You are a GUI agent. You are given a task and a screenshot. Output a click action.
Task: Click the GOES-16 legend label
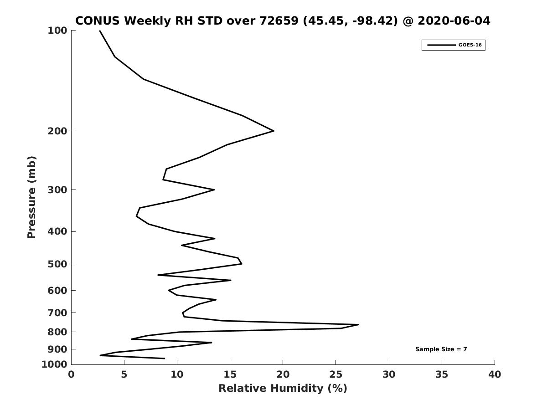[470, 45]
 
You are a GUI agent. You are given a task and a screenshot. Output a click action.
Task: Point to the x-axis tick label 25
[336, 374]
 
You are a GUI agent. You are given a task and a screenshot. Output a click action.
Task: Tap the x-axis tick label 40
[495, 374]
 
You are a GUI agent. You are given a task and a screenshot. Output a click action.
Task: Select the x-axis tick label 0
[71, 374]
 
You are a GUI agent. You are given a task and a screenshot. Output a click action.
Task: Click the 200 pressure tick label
[57, 131]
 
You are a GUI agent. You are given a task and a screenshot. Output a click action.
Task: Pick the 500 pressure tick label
[57, 264]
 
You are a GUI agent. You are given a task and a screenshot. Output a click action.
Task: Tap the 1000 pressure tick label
[54, 364]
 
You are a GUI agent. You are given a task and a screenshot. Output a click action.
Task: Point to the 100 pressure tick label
[57, 31]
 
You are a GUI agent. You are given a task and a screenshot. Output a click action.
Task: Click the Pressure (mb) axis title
[31, 197]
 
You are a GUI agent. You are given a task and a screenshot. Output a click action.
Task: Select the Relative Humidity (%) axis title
[283, 389]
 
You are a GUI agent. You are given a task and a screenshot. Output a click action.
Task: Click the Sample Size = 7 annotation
[441, 349]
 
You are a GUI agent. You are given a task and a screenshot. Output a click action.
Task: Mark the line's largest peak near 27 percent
[358, 325]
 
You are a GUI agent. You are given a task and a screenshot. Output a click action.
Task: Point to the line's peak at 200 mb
[273, 131]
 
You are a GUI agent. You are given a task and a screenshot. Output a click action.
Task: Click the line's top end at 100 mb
[100, 31]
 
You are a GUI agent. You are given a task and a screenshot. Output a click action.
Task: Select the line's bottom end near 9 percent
[165, 359]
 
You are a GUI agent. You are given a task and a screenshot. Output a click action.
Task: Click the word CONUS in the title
[97, 21]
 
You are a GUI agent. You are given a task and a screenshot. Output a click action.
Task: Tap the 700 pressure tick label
[57, 313]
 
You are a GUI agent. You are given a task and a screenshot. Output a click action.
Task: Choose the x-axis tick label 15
[230, 374]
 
